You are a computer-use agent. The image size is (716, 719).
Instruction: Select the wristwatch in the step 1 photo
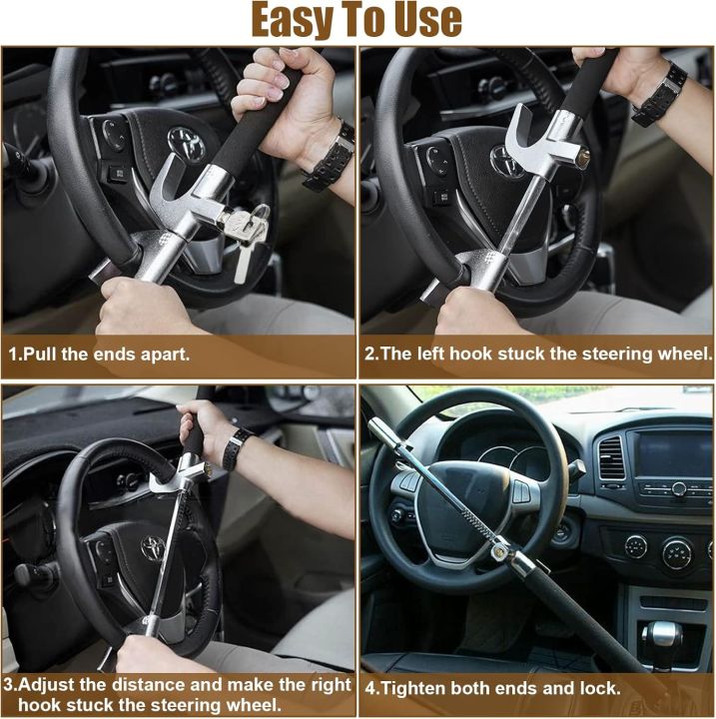(x=332, y=157)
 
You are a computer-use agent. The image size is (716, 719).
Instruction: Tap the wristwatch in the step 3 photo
(x=236, y=447)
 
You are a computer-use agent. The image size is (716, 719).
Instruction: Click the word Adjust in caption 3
(x=50, y=685)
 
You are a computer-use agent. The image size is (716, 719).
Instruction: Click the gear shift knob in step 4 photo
(x=662, y=636)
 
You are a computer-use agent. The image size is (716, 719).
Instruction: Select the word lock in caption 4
(x=595, y=688)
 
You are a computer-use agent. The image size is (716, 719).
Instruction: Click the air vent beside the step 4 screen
(x=609, y=458)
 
